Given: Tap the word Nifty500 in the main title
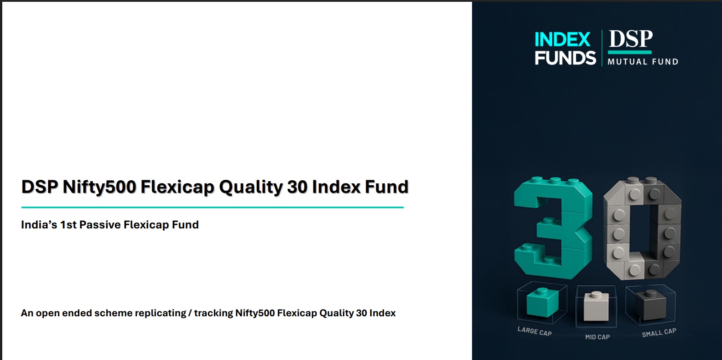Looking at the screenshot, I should [99, 187].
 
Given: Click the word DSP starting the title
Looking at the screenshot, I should [40, 187].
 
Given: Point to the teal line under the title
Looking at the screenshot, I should [212, 208].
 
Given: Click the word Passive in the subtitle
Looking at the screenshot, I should [100, 225].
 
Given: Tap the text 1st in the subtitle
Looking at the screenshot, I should [68, 225].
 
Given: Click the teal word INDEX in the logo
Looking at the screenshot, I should [562, 40].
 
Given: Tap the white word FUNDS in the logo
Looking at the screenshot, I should [565, 58].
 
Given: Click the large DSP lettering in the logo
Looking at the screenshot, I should [631, 40].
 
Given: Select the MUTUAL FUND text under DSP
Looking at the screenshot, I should [643, 62].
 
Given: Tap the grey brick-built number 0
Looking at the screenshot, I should [642, 228].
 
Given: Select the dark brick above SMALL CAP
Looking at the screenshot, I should [649, 302].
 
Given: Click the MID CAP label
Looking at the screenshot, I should [597, 337].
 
